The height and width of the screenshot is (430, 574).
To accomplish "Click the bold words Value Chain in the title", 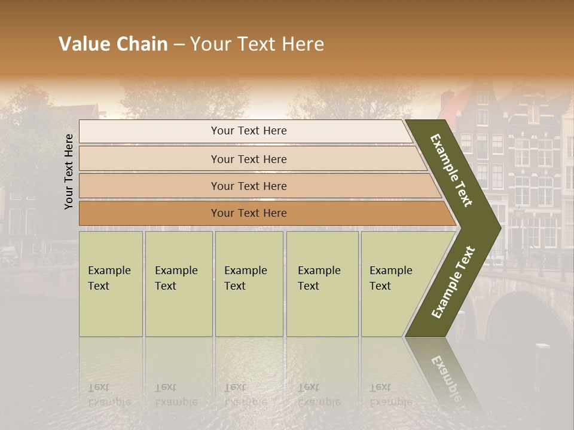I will click(x=113, y=44).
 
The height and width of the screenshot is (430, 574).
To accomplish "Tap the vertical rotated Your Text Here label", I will click(x=69, y=171).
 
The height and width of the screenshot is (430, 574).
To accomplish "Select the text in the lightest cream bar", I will click(x=249, y=131).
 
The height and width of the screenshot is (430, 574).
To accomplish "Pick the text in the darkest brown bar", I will click(x=249, y=213).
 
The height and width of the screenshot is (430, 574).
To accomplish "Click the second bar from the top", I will click(x=249, y=159).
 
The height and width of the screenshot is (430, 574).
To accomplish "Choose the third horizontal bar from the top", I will click(x=249, y=186).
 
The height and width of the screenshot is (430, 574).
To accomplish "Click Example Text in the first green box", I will click(x=109, y=278).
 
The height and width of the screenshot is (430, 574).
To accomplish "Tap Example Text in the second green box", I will click(x=176, y=278).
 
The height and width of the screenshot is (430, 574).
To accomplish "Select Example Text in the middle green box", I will click(x=245, y=278).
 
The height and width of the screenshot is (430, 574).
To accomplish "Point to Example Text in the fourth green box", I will click(x=319, y=278).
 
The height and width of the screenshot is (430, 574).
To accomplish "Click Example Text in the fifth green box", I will click(x=390, y=278).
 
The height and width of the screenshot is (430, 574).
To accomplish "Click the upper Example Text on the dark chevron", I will click(x=451, y=170).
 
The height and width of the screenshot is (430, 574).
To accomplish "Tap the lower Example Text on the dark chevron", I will click(x=453, y=282).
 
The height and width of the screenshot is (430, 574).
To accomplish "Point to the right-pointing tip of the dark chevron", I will click(x=499, y=228).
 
